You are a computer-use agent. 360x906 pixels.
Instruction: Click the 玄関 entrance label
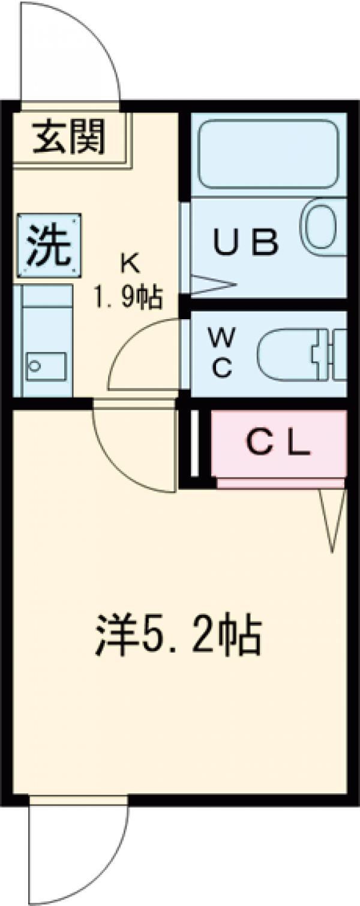pyautogui.click(x=69, y=136)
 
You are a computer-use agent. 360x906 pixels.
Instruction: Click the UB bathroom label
pyautogui.click(x=246, y=243)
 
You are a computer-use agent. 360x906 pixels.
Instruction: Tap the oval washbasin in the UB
pyautogui.click(x=323, y=227)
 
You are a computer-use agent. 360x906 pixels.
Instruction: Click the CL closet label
pyautogui.click(x=279, y=444)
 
